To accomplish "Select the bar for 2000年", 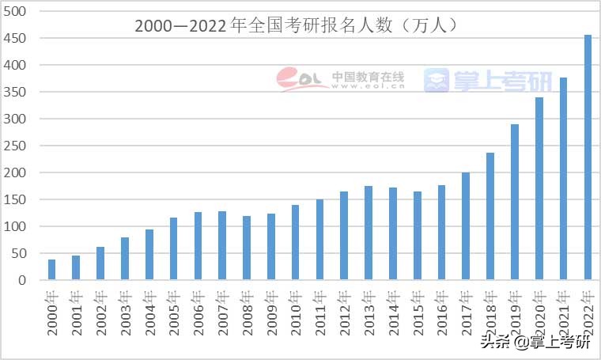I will (x=52, y=270).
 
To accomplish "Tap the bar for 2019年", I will (x=515, y=202).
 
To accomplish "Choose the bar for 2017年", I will (x=466, y=226).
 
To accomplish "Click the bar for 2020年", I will (x=539, y=188).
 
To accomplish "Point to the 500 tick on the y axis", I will (x=16, y=11).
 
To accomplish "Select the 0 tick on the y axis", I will (x=23, y=280).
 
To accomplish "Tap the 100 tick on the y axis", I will (x=16, y=226).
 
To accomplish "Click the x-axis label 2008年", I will (x=247, y=312).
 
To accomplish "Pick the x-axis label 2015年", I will (x=418, y=312).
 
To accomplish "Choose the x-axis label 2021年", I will (x=564, y=312).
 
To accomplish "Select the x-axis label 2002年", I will (x=100, y=312).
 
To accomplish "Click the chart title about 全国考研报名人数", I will (x=297, y=25).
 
